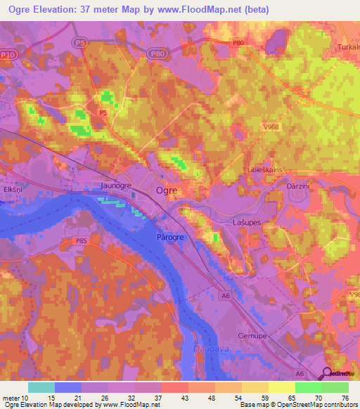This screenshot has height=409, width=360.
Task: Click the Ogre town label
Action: coord(166,190)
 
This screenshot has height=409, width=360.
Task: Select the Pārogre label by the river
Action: coord(169,238)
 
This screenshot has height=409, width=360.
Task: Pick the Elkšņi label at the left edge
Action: coord(13,189)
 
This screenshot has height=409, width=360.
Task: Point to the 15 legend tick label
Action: coord(53,398)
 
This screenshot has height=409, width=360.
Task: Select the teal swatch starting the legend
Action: coord(41,387)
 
